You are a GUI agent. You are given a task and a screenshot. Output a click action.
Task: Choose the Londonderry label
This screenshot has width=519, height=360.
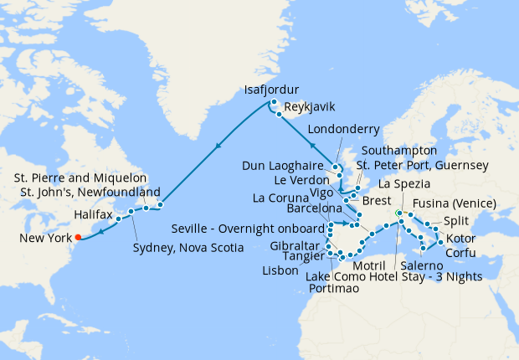coord(344,129)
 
